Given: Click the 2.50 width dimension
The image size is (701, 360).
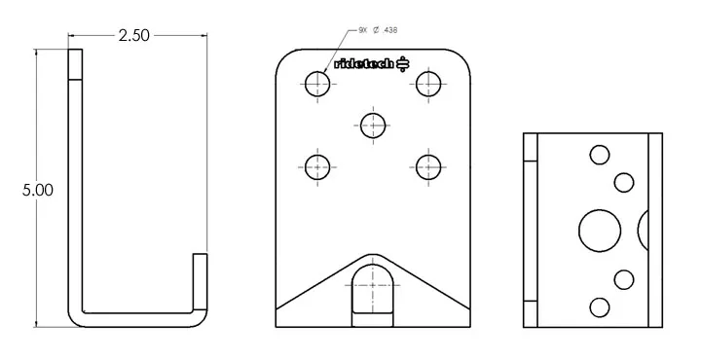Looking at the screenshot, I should [x=134, y=36].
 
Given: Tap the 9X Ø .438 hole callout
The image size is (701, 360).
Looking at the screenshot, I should [x=378, y=30].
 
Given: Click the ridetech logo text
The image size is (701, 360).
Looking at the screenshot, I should [x=364, y=64].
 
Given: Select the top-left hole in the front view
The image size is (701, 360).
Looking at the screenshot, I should [x=317, y=85].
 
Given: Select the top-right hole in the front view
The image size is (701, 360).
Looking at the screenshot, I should [x=428, y=85].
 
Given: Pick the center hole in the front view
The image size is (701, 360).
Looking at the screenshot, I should [x=373, y=125].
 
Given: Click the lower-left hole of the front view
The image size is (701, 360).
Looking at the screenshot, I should [x=317, y=167].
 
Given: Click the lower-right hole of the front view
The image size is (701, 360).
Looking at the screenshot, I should [x=428, y=167].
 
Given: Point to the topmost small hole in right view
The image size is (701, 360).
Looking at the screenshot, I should [x=600, y=153].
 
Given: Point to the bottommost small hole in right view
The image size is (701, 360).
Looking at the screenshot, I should [x=600, y=307].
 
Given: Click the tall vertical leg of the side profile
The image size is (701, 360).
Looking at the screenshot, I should [x=75, y=185].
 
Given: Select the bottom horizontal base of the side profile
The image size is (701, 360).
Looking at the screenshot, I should [x=136, y=318].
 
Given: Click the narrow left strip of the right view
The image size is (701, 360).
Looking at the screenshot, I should [x=532, y=230].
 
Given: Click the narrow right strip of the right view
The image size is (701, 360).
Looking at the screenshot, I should [x=655, y=230].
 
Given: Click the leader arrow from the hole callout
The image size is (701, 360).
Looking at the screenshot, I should [x=336, y=49].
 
